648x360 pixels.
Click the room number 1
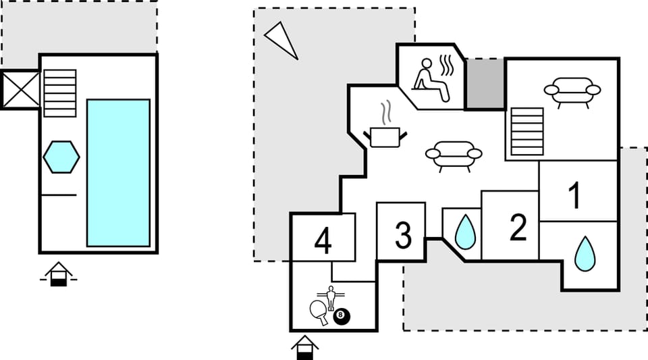574,196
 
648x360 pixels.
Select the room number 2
518,228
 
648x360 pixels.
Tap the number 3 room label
403,236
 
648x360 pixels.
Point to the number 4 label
323,241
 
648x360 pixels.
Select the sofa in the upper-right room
572,91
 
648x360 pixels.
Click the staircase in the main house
527,132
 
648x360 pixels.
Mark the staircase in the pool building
60,93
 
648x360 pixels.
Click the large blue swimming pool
118,173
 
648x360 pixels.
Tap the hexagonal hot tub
61,157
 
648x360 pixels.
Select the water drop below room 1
585,254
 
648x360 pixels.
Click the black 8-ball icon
342,316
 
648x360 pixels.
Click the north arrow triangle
281,39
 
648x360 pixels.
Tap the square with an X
20,90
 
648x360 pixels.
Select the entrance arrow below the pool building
59,274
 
